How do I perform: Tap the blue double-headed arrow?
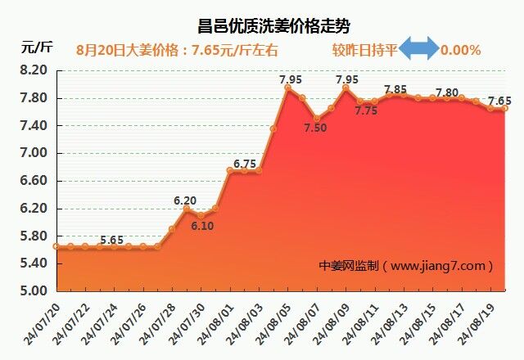tap(419, 49)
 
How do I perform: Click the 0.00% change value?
tap(461, 50)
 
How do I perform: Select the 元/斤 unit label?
tap(36, 46)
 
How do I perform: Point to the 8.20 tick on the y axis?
tap(34, 71)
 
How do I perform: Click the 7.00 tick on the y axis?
tap(34, 154)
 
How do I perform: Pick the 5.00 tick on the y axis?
tap(34, 290)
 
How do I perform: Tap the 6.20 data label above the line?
tap(185, 200)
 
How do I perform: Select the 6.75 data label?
tap(245, 164)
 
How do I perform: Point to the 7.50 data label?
tap(315, 129)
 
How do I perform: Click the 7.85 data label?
tap(395, 89)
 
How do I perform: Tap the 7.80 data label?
tap(447, 92)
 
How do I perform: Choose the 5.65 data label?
tap(112, 240)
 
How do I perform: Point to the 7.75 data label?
tap(366, 111)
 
